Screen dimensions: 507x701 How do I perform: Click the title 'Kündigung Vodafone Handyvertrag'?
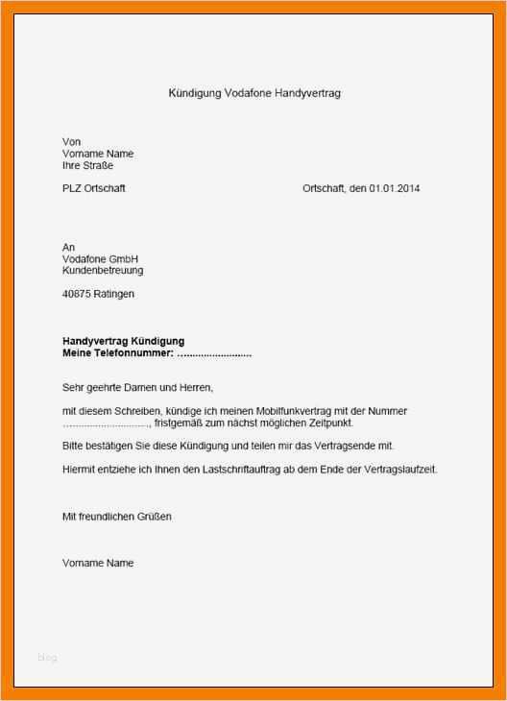[254, 93]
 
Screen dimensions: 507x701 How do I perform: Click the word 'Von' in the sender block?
[71, 142]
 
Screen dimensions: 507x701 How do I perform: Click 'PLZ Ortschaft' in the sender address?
[94, 188]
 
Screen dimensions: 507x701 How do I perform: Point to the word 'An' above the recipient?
[68, 248]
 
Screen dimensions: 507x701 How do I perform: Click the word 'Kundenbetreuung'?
[103, 271]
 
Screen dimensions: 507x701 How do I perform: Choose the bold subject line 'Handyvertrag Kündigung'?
[123, 341]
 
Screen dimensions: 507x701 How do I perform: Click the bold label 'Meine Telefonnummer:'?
[118, 353]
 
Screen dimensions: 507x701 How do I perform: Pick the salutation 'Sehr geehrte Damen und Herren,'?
[137, 388]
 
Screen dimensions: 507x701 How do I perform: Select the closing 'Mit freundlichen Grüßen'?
[117, 517]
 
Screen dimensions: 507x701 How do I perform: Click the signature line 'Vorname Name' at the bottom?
[98, 563]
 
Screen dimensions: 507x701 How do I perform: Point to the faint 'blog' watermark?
[47, 658]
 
